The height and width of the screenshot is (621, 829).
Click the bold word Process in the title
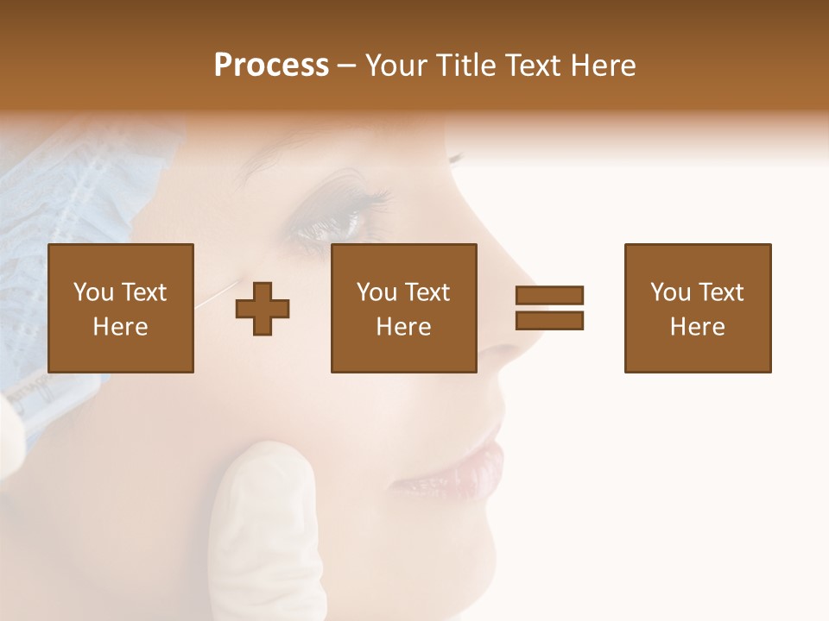pyautogui.click(x=271, y=66)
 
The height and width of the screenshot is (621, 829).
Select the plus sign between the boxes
pyautogui.click(x=263, y=308)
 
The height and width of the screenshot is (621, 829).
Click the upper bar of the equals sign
pyautogui.click(x=549, y=295)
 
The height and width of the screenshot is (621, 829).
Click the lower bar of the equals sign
pyautogui.click(x=549, y=320)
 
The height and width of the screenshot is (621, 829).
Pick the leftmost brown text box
pyautogui.click(x=120, y=308)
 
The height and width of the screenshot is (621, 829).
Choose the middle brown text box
pyautogui.click(x=403, y=308)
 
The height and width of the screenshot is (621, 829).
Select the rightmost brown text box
pyautogui.click(x=697, y=308)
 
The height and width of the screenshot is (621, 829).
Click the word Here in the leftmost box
pyautogui.click(x=120, y=327)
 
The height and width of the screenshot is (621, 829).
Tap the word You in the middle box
pyautogui.click(x=377, y=292)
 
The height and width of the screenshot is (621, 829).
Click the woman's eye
pyautogui.click(x=332, y=226)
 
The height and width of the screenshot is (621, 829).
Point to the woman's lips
pyautogui.click(x=471, y=470)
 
